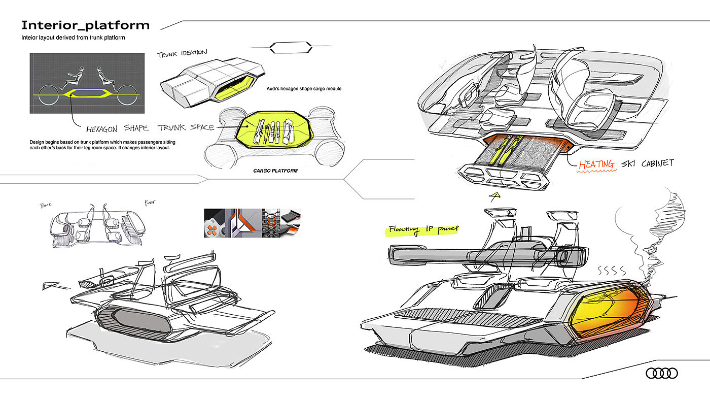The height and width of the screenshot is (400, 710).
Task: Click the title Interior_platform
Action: tap(85, 25)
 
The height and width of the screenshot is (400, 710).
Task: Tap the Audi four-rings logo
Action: tap(661, 374)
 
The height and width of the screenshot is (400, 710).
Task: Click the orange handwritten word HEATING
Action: tap(597, 164)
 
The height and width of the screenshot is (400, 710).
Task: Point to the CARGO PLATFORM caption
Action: tap(275, 171)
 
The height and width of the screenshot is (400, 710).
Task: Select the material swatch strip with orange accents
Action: tap(252, 223)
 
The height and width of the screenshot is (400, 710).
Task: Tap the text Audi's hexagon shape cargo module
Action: tap(304, 89)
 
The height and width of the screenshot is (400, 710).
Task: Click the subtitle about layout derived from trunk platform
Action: tap(73, 38)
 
